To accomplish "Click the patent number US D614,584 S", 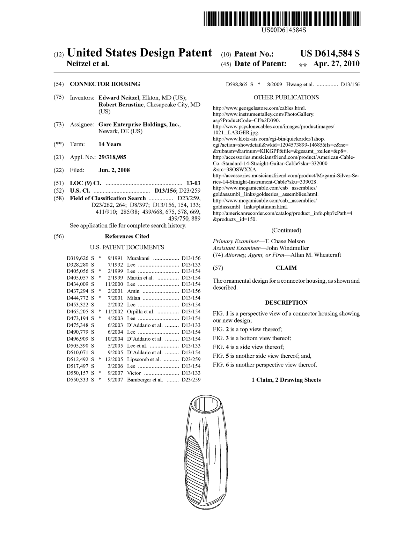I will (x=330, y=53).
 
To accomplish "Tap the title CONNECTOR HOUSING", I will (x=105, y=84).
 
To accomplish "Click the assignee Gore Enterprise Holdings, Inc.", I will (x=139, y=125).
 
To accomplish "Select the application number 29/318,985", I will (x=112, y=157).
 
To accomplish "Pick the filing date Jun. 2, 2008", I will (x=114, y=170).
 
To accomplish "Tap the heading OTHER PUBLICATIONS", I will (x=286, y=97).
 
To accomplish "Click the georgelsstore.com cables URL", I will (x=259, y=108).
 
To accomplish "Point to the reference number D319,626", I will (x=77, y=258).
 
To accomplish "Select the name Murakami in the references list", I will (x=138, y=258).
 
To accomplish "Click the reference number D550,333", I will (x=77, y=380).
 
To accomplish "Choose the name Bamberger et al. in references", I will (x=145, y=380).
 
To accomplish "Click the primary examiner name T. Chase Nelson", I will (x=285, y=241).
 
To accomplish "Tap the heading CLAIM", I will (x=286, y=268).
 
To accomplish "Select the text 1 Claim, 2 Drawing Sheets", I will (x=286, y=380).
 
